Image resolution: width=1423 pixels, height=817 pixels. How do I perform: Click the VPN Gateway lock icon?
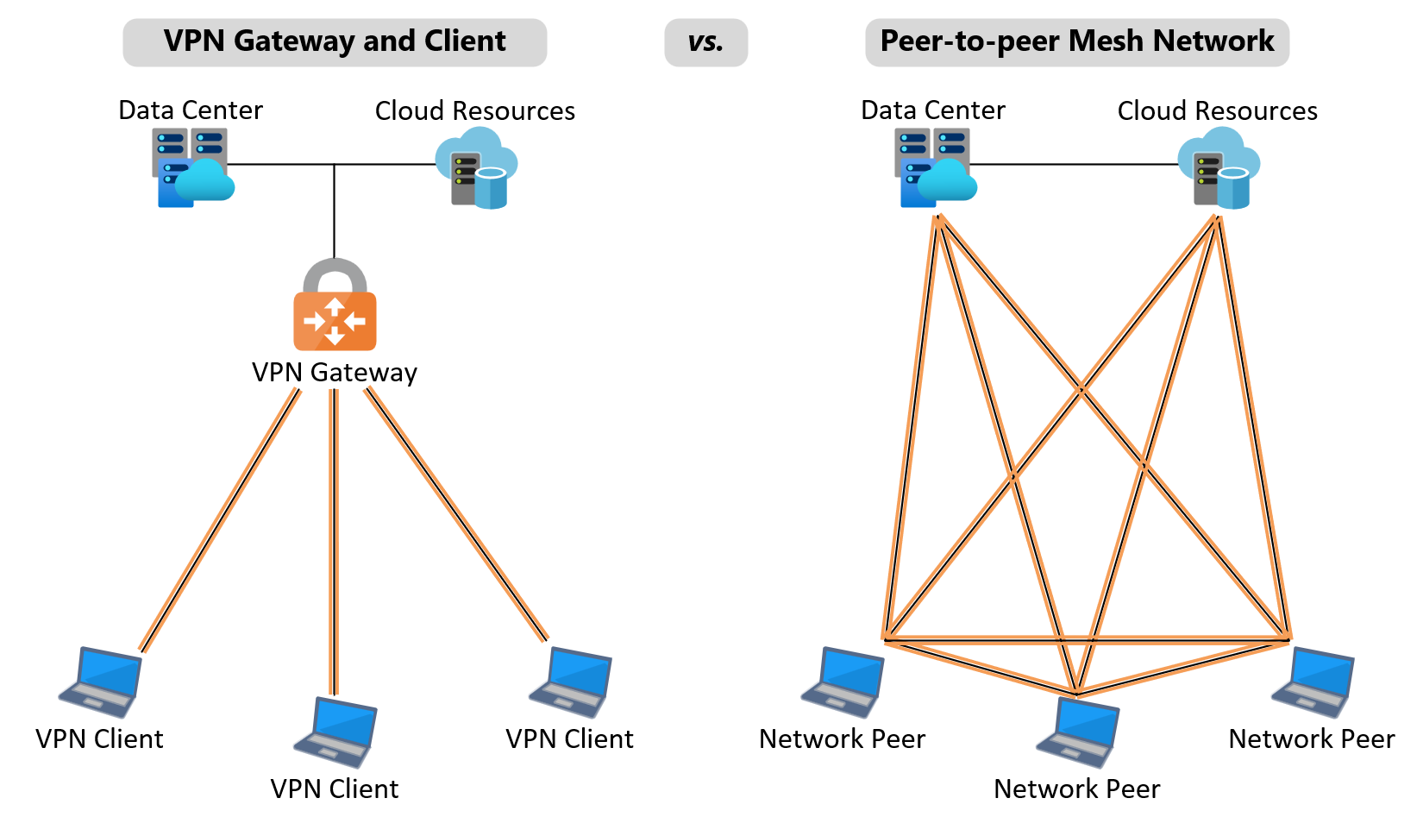(335, 306)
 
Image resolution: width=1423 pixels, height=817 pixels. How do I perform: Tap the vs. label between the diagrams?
(705, 42)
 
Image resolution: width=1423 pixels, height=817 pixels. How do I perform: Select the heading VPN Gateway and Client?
(335, 42)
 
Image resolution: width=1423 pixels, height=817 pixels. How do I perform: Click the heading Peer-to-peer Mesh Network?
(1076, 42)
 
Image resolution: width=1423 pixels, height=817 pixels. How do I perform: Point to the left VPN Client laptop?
(102, 682)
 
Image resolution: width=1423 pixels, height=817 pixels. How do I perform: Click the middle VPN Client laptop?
(336, 732)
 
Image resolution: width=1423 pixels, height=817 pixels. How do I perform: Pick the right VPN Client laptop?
(572, 682)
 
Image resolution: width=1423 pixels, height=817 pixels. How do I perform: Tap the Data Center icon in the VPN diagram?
(192, 167)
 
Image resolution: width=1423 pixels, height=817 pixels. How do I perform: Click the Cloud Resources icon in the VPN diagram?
(477, 169)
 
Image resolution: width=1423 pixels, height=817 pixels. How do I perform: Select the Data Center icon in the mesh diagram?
(935, 167)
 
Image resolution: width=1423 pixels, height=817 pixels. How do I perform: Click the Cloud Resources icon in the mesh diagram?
(1219, 169)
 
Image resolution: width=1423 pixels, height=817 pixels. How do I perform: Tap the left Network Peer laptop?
(844, 682)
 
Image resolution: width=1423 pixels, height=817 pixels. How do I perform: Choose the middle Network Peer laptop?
(1079, 732)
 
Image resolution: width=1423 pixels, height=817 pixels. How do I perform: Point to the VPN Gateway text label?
(335, 373)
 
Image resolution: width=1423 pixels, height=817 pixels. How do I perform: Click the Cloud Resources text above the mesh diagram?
(1217, 111)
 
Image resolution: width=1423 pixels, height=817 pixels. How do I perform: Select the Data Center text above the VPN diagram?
(191, 110)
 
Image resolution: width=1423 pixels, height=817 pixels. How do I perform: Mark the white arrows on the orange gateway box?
(335, 322)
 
